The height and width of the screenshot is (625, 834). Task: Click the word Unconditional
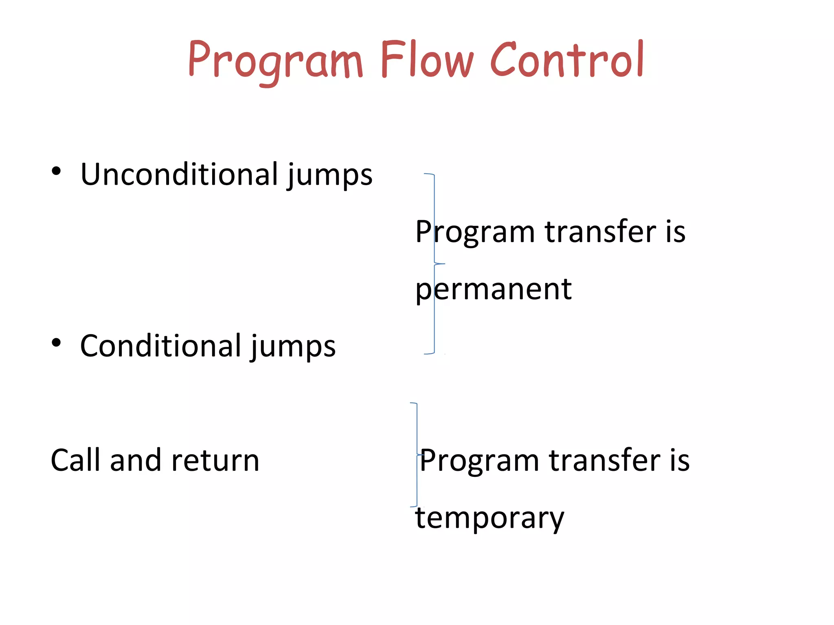coord(179,174)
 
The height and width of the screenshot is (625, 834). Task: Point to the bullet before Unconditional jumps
coord(56,171)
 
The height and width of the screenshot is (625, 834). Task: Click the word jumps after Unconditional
coord(329,176)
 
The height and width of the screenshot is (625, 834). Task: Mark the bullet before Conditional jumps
coord(56,343)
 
